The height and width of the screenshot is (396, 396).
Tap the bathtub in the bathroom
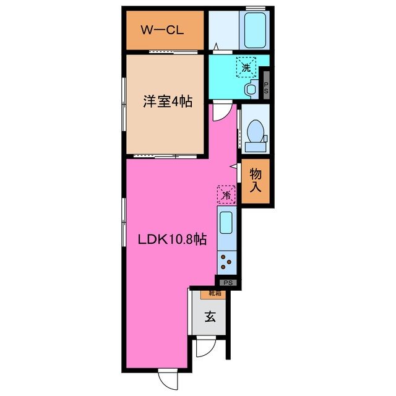254,30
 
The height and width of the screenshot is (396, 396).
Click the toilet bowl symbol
254,132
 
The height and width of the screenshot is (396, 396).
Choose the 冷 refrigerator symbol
226,194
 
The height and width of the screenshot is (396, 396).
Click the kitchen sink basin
226,222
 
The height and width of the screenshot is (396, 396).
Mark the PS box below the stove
228,282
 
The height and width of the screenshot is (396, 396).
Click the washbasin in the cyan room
250,88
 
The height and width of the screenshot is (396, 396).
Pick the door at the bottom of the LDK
166,377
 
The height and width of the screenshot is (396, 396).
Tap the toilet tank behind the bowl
254,147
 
